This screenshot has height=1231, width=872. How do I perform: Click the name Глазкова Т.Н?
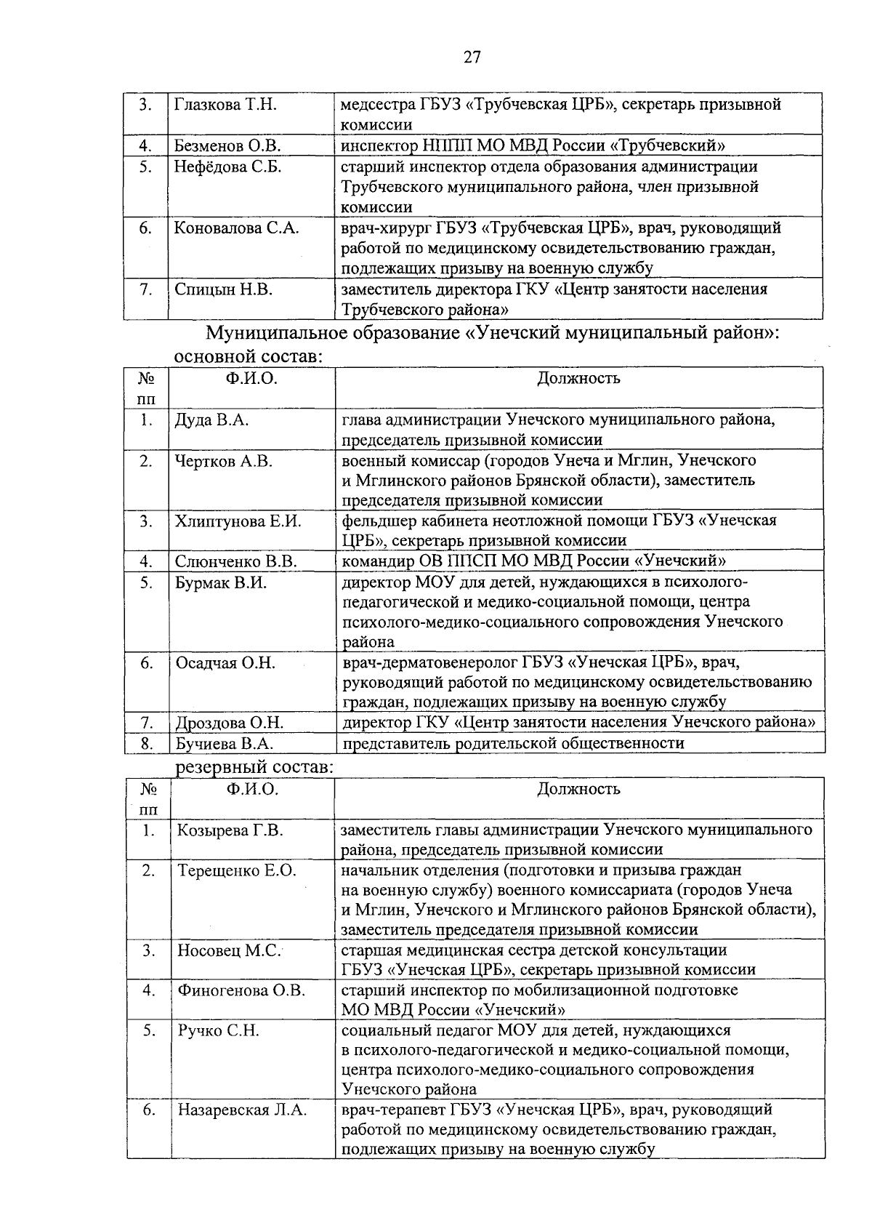coord(226,105)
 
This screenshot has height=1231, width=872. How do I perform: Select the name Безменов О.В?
coord(227,145)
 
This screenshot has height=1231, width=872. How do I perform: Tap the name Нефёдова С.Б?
coord(227,167)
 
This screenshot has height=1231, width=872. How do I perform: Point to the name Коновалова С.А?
coord(237,228)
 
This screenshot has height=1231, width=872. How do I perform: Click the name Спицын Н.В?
coord(224,289)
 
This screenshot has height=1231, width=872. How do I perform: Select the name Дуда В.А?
coord(212,420)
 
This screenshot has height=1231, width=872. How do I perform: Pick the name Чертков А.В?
coord(224,460)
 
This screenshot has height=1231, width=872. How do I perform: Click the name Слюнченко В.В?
coord(236,561)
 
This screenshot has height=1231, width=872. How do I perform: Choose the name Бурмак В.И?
coord(221,582)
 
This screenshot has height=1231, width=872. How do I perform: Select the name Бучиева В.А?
coord(225,743)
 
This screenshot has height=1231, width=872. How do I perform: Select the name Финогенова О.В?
coord(242,990)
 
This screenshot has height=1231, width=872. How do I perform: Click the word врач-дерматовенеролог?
coord(429,662)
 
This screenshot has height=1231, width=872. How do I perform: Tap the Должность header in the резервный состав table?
coord(578,789)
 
